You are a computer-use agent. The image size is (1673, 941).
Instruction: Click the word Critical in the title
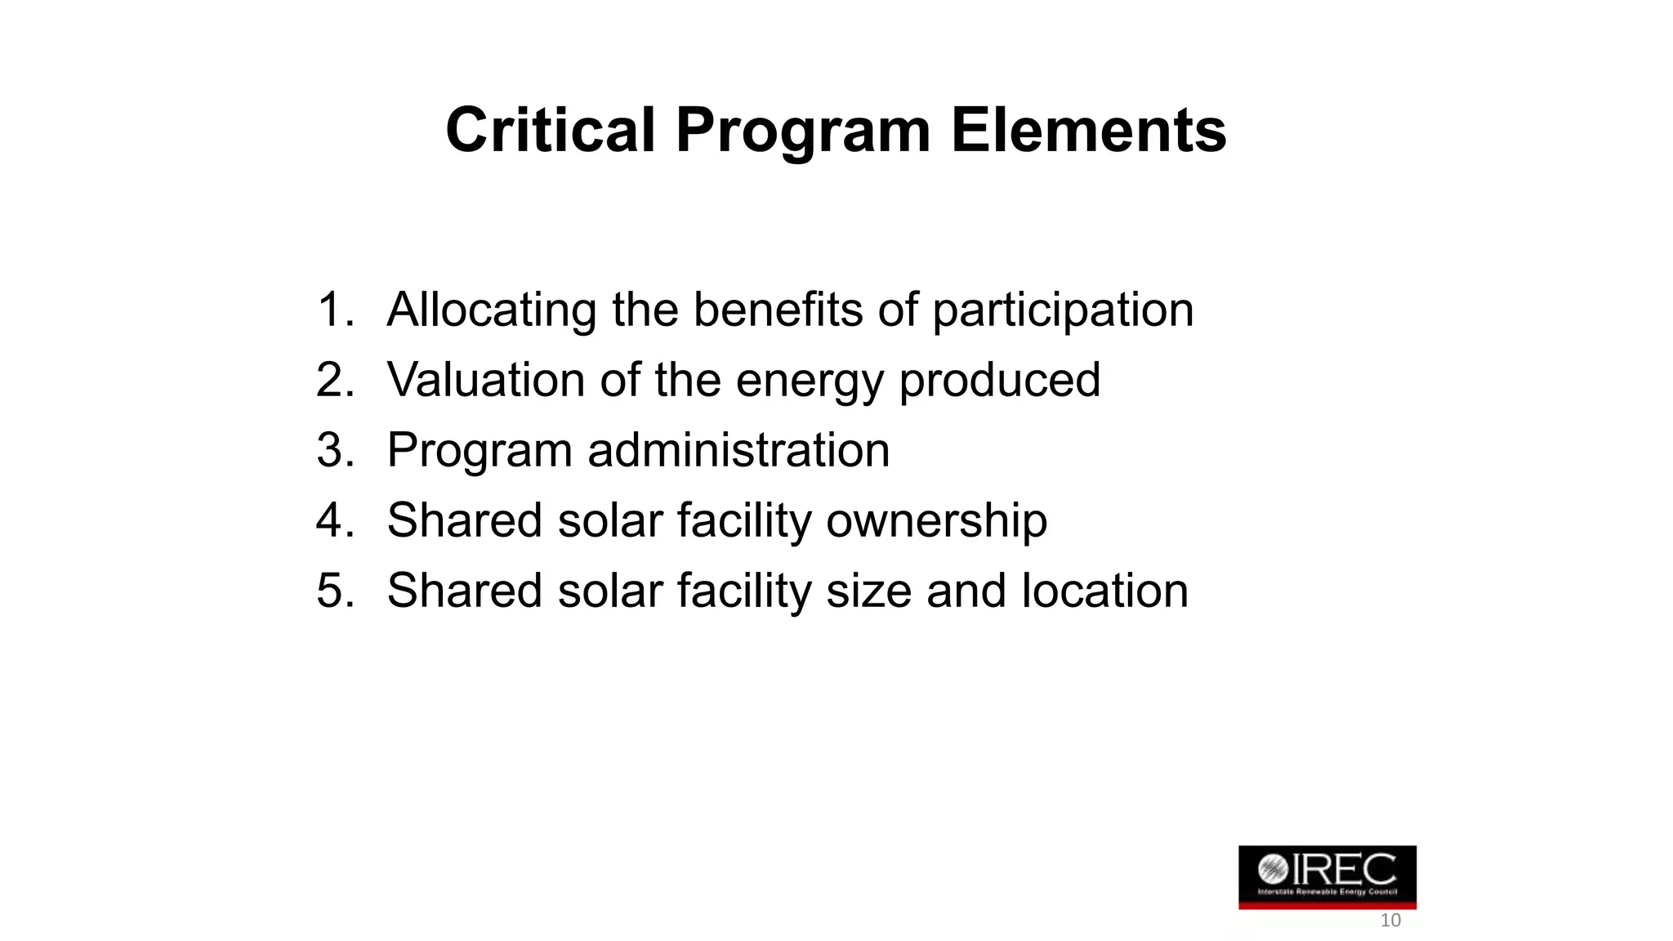pos(550,131)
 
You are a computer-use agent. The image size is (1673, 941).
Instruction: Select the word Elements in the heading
pos(1088,131)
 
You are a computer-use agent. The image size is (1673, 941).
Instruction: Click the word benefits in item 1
pos(778,310)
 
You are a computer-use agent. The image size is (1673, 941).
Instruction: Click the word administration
pos(738,450)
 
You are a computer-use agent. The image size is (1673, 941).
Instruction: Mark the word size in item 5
pos(868,591)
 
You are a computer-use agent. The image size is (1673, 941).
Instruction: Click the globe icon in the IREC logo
pos(1272,869)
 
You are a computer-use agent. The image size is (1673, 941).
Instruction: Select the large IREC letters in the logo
pos(1344,869)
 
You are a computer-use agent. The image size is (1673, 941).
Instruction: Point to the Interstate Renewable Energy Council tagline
pos(1327,892)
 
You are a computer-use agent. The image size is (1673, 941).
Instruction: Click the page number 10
pos(1390,921)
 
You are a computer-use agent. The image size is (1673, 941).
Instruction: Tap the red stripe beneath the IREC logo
pos(1327,905)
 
